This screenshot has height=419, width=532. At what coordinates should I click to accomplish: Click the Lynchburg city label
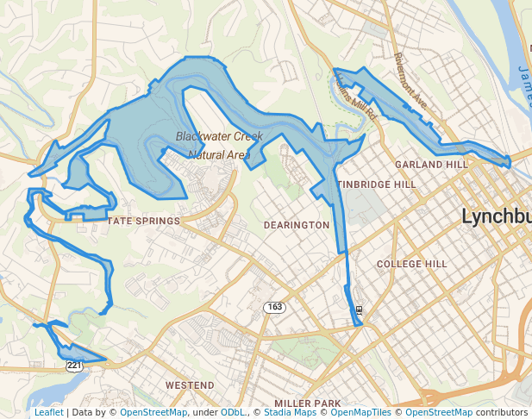[x=496, y=216]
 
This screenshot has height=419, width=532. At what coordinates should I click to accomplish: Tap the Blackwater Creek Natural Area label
[x=213, y=146]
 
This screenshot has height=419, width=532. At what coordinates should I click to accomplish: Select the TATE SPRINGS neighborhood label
[x=143, y=221]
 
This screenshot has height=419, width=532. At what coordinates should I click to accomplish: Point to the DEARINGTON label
[x=296, y=225]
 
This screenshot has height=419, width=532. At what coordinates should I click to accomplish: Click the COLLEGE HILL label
[x=412, y=264]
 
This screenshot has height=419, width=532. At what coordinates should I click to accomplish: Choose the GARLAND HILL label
[x=430, y=164]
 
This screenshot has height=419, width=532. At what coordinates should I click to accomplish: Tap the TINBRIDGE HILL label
[x=376, y=184]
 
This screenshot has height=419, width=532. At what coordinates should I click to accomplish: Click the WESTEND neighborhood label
[x=190, y=385]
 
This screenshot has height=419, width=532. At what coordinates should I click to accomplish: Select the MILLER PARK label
[x=308, y=403]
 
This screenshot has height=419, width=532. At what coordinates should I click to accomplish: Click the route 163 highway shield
[x=274, y=308]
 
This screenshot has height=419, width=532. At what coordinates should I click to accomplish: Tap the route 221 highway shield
[x=74, y=366]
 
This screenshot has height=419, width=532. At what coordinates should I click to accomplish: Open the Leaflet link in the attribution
[x=48, y=413]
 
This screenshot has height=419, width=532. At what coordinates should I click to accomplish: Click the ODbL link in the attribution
[x=232, y=413]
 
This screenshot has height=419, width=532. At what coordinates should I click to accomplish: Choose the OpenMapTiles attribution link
[x=362, y=413]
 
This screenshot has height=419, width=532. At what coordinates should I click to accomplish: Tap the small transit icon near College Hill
[x=358, y=310]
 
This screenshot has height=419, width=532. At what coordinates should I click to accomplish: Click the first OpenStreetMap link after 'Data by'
[x=153, y=413]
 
